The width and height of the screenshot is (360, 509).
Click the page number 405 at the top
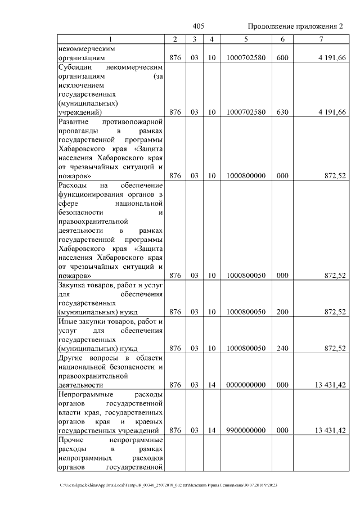point(198,26)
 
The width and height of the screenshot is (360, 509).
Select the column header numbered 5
point(246,39)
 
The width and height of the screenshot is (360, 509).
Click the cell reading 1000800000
point(246,176)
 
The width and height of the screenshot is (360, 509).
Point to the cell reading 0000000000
point(246,385)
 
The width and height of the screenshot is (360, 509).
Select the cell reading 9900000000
point(246,430)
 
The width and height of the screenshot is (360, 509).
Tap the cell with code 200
point(282,312)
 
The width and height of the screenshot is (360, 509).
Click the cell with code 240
point(282,348)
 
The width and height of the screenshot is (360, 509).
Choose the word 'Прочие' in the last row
point(71,440)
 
